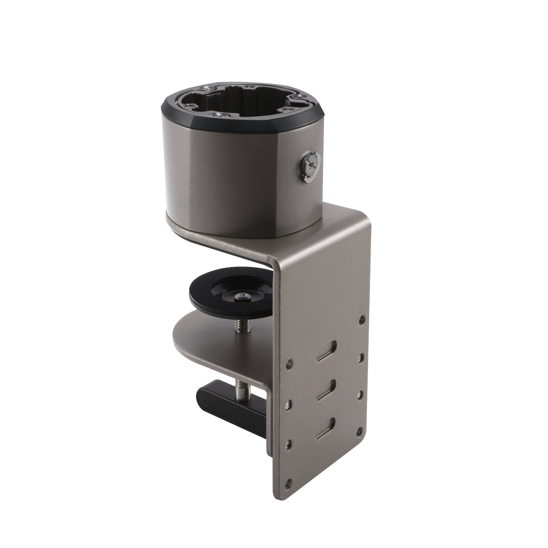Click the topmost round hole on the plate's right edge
point(361,320)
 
